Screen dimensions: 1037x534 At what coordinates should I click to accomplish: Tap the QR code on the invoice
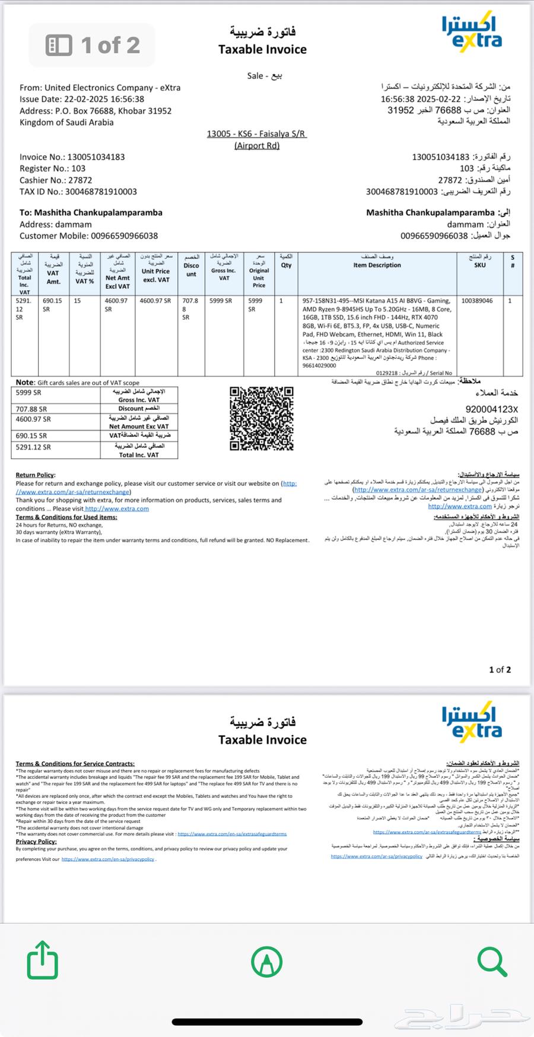click(262, 418)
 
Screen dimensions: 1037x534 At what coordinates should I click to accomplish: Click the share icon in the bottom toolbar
click(43, 960)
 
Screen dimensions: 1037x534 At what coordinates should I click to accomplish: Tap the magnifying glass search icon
click(492, 960)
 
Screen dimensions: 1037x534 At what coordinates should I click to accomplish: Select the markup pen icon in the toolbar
click(266, 961)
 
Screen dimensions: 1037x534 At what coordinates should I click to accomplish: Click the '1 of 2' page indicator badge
click(93, 45)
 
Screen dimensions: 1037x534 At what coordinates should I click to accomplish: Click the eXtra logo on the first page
click(472, 33)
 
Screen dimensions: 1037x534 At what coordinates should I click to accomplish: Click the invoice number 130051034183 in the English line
click(96, 157)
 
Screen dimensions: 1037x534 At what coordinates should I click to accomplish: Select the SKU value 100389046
click(477, 301)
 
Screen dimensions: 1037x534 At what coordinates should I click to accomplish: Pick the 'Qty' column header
click(287, 265)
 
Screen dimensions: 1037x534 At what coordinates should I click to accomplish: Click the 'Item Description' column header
click(377, 265)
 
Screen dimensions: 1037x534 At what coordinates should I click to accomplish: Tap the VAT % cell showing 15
click(77, 301)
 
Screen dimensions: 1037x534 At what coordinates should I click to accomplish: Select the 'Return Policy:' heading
click(35, 475)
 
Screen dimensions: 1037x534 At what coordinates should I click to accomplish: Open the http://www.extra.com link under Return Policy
click(116, 508)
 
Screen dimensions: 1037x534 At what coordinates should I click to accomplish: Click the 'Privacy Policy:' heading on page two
click(36, 841)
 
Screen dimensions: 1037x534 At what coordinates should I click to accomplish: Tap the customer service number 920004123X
click(492, 409)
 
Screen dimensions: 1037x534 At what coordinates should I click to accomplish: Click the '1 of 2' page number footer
click(500, 670)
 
